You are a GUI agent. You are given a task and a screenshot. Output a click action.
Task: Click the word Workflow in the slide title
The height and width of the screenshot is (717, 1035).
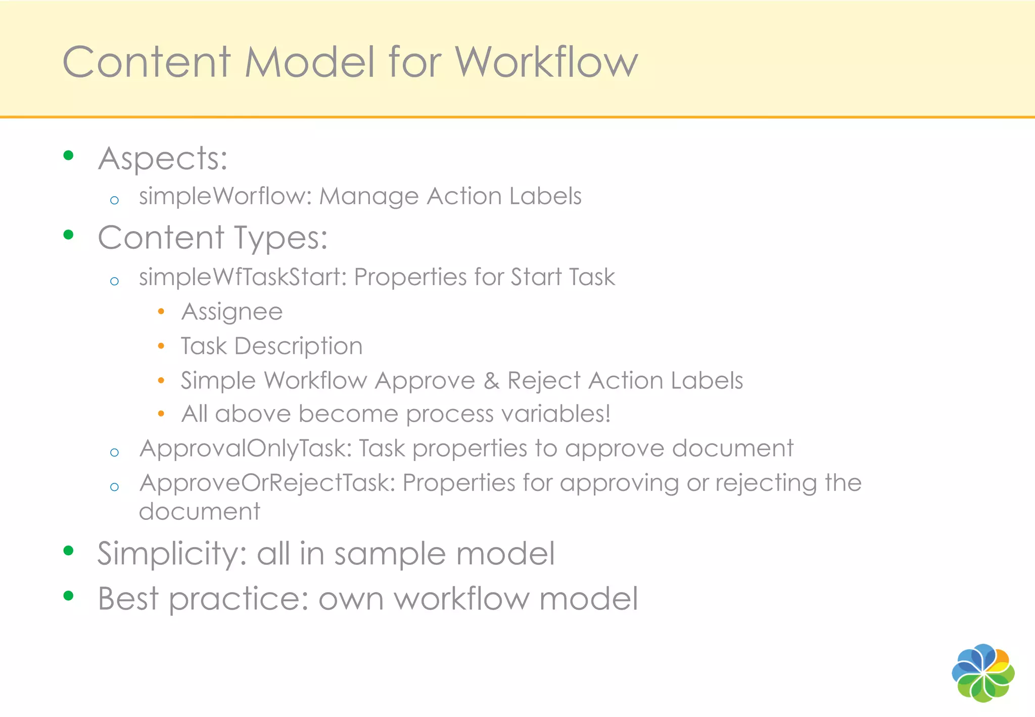546,62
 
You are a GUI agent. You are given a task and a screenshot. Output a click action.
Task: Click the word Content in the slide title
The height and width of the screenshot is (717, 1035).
147,62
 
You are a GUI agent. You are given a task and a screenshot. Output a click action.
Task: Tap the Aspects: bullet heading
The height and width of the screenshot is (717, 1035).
163,158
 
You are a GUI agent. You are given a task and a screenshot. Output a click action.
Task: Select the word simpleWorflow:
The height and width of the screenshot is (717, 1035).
225,196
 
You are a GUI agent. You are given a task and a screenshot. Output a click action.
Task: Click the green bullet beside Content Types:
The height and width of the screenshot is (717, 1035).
69,235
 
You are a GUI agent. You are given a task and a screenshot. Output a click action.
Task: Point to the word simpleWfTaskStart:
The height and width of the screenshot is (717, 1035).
243,277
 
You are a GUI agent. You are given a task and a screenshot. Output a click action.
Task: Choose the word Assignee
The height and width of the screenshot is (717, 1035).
232,312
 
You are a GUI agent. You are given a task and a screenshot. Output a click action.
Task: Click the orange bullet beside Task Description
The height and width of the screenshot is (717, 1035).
161,346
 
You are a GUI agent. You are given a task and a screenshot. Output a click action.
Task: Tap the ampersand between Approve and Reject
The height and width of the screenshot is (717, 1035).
491,381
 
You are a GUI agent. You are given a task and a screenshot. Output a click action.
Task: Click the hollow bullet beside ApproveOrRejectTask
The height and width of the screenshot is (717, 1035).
115,487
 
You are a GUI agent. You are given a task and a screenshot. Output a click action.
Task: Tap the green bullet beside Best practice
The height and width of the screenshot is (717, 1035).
69,596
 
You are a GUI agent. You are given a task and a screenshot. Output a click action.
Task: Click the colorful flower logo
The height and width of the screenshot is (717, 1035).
983,673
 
